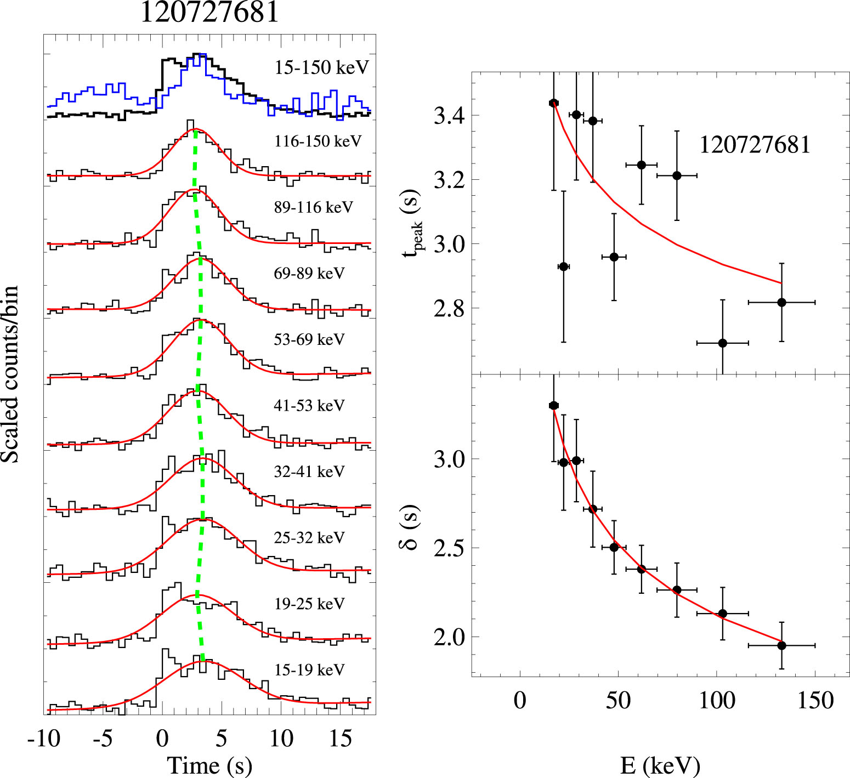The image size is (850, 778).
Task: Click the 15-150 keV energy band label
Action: (322, 67)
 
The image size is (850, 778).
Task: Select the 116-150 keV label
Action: (318, 141)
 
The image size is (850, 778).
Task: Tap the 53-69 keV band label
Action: (309, 339)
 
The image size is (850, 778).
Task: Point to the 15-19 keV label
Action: (309, 669)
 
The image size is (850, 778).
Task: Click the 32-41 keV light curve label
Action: (309, 472)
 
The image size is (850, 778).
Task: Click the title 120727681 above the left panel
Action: (209, 12)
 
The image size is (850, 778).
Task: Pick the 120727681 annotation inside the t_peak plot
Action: (755, 145)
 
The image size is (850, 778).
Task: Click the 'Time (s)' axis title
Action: (209, 765)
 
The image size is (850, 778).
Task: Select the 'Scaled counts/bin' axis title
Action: (10, 374)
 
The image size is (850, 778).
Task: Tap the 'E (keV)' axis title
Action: (660, 765)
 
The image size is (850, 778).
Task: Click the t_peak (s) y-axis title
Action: (412, 223)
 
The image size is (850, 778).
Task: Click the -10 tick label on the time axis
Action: (44, 739)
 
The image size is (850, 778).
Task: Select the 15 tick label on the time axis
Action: (340, 739)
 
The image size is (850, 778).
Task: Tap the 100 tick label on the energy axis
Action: (717, 700)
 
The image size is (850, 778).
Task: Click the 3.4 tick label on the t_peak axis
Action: (449, 116)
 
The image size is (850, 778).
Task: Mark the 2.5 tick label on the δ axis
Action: (449, 548)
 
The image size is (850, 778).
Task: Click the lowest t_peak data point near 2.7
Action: (723, 343)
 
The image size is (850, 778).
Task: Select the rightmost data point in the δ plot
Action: (781, 646)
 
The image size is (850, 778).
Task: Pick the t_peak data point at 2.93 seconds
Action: (563, 266)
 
